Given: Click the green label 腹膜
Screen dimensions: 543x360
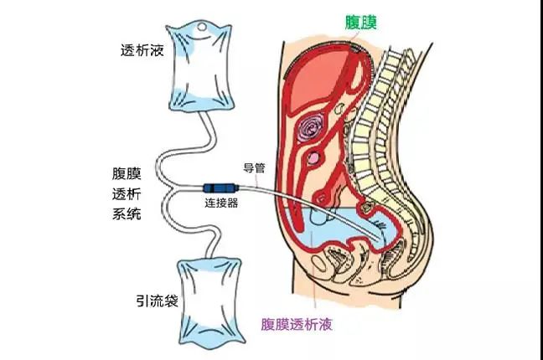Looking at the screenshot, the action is (360, 23).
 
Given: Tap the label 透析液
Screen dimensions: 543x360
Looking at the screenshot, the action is (142, 50).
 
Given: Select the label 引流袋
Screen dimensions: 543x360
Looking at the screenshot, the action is (158, 301).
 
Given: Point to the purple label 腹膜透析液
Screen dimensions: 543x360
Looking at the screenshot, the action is (297, 324).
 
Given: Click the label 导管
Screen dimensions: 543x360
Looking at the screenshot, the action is (254, 168).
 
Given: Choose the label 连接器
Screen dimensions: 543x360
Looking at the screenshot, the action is (221, 203).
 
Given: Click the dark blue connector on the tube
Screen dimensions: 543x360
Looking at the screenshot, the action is (221, 188).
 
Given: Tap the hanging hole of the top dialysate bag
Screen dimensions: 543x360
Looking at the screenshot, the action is (202, 27).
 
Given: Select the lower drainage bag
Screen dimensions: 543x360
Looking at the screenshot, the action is (210, 301).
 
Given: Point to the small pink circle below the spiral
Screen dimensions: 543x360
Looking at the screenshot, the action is (313, 158).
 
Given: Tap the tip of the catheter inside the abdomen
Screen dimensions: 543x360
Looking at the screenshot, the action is (380, 239).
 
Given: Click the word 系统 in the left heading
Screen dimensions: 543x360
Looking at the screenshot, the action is (127, 213).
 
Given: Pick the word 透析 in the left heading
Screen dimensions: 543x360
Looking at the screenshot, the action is (127, 193).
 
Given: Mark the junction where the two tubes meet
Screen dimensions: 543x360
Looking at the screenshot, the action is (172, 188).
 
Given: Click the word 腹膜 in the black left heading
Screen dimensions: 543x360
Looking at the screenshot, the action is (127, 173).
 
